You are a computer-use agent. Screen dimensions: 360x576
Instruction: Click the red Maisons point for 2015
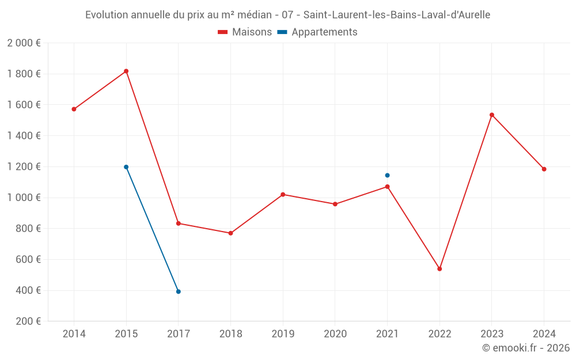(x=126, y=71)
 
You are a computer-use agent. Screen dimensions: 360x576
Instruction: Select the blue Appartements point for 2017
(x=179, y=291)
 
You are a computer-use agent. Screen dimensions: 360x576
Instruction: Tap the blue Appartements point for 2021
(x=387, y=175)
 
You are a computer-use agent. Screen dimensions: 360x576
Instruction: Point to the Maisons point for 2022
(x=439, y=269)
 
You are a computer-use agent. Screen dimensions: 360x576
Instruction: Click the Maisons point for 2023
(x=492, y=115)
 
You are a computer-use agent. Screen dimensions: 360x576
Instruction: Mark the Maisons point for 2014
(x=74, y=109)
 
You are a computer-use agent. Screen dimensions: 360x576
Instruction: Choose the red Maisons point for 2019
(x=283, y=195)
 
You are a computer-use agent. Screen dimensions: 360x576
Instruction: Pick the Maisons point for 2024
(x=544, y=169)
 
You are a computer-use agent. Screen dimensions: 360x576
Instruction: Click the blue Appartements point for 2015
(x=126, y=167)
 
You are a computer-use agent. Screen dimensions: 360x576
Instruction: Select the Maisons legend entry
(x=245, y=32)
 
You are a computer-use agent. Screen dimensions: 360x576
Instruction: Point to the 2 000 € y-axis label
(x=24, y=43)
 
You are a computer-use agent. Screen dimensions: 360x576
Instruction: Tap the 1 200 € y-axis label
(x=24, y=167)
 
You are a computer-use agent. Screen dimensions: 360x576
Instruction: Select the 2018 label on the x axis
(x=230, y=334)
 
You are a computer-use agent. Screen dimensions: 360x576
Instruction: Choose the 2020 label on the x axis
(x=335, y=334)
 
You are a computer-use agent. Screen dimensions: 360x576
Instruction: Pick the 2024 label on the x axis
(x=544, y=334)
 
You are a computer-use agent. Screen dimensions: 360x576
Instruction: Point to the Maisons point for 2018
(x=230, y=233)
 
